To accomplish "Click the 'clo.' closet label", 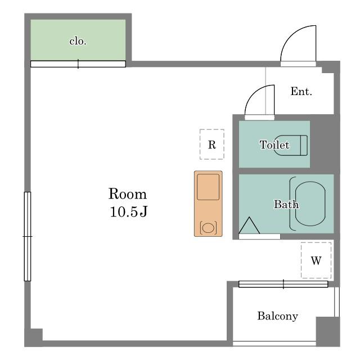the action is click(x=78, y=41).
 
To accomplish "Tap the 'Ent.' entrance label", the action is click(x=301, y=91).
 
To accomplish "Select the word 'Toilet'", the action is click(x=274, y=145).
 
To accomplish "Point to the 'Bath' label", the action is click(x=286, y=204).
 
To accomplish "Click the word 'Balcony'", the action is click(x=277, y=316).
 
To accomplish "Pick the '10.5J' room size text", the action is click(x=129, y=211).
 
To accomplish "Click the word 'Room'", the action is click(x=128, y=194).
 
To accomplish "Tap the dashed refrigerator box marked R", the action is click(x=212, y=145).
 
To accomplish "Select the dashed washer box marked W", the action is click(x=316, y=260).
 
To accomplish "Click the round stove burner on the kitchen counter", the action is click(x=208, y=228).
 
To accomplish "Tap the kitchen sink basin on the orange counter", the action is click(x=208, y=187).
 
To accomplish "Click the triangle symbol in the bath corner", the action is click(x=249, y=225).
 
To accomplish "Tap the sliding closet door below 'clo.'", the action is click(x=78, y=64).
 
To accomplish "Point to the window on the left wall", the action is click(x=28, y=236).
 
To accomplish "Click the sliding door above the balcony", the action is click(x=283, y=284).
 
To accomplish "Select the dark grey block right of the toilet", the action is click(x=322, y=144).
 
